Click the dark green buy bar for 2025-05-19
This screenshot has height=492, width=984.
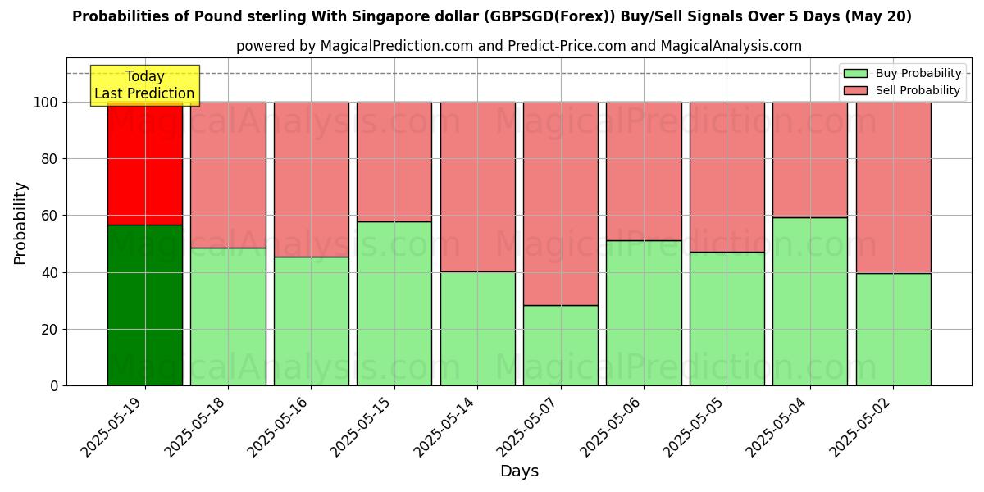[145, 305]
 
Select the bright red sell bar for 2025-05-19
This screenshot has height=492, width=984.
[145, 163]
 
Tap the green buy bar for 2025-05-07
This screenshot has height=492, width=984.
[561, 345]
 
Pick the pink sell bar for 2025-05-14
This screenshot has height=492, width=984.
[477, 186]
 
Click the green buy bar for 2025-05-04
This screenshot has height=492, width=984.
[810, 301]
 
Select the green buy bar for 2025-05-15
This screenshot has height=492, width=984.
[394, 303]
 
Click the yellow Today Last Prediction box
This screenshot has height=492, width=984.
[144, 85]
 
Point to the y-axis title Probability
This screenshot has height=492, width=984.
[20, 223]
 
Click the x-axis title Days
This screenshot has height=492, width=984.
[519, 471]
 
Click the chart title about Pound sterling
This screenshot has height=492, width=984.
[492, 16]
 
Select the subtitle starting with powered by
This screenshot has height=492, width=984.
[519, 46]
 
